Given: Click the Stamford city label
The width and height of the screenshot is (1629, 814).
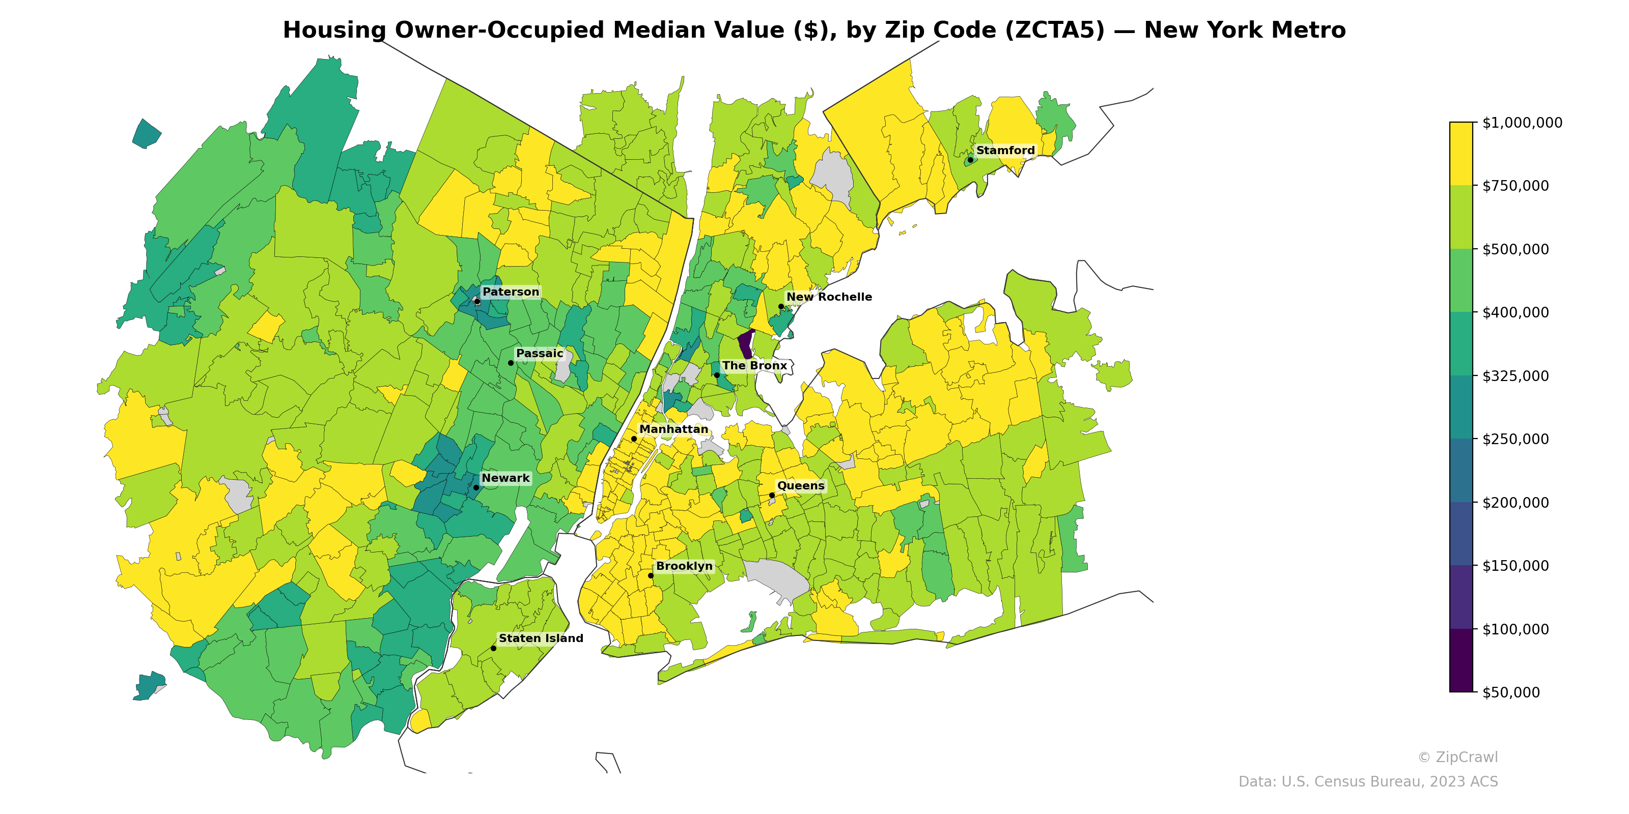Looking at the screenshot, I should (x=1005, y=151).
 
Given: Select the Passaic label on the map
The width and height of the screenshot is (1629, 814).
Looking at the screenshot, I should (x=540, y=353).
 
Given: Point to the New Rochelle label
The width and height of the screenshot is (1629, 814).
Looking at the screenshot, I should (x=828, y=297).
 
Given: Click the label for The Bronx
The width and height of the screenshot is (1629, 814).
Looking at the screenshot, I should (x=754, y=366).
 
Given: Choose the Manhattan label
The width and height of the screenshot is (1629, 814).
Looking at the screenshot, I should (x=673, y=429).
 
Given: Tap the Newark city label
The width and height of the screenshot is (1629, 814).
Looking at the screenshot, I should (x=505, y=478).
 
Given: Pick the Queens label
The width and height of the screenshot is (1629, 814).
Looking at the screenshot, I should (x=801, y=486).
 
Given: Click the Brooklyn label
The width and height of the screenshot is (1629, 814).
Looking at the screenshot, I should (x=684, y=566).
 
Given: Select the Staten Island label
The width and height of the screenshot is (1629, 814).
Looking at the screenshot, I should (x=541, y=639).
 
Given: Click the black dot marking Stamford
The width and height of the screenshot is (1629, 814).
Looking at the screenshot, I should (x=970, y=160).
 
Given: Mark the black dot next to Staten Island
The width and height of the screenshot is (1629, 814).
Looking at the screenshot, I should (x=493, y=649).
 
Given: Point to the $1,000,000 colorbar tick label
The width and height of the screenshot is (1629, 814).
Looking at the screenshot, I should (x=1522, y=123).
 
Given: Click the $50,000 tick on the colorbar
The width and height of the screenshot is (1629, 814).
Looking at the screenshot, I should (x=1511, y=692).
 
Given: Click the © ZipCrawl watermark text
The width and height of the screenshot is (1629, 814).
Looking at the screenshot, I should (x=1457, y=757).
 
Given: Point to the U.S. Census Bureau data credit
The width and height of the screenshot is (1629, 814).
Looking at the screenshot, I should (x=1368, y=782).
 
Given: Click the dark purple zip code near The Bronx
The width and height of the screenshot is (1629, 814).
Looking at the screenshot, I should (x=746, y=345).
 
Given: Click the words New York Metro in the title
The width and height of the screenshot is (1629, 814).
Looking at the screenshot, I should (x=1245, y=31).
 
